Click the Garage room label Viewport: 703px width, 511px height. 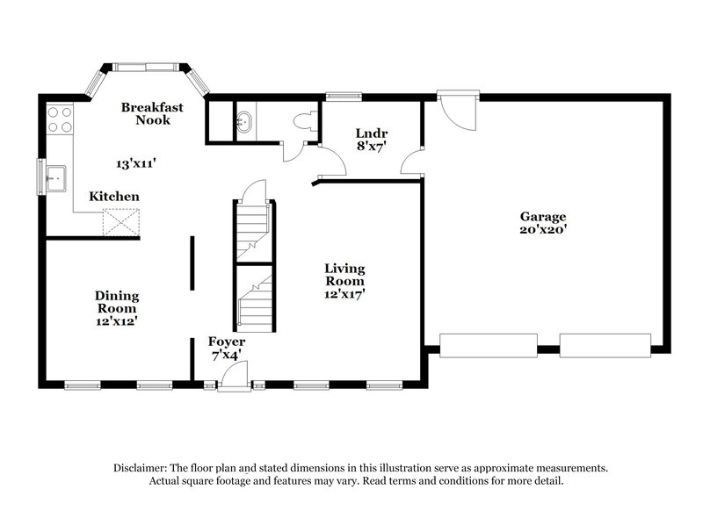[542, 216]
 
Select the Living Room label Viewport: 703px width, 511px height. [344, 275]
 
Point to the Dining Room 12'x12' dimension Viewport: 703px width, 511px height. [117, 321]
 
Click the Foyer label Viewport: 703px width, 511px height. [226, 341]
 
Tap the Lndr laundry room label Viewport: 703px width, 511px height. [370, 133]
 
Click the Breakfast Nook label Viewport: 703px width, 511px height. [152, 113]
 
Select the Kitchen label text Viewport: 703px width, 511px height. [113, 197]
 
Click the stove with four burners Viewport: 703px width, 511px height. [60, 119]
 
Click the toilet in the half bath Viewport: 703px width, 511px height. [305, 124]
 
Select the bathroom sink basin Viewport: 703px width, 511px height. [245, 124]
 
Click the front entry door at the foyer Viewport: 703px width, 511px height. [234, 377]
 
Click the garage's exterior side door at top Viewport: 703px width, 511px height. [458, 109]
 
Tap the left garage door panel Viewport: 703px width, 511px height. [489, 345]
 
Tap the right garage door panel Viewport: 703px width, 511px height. [605, 345]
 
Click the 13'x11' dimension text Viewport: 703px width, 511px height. [136, 163]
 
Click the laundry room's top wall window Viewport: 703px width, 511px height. [344, 95]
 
